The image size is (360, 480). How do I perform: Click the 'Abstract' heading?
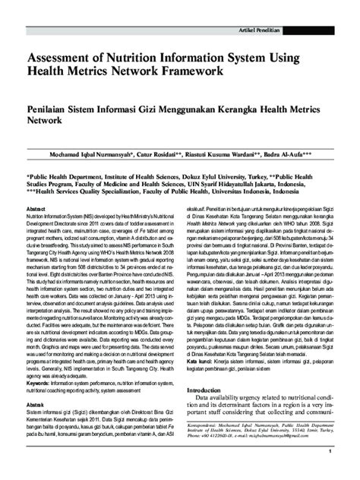click(x=36, y=207)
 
